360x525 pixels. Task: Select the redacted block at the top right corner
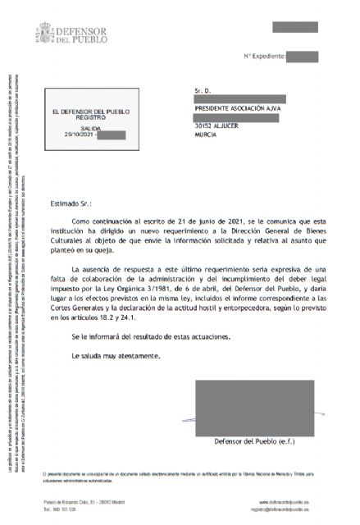[294, 27]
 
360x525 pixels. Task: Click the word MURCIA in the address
[206, 135]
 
